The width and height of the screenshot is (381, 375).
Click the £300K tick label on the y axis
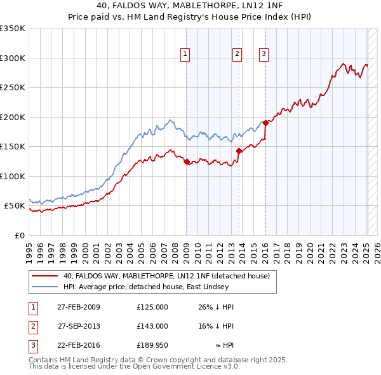[12, 58]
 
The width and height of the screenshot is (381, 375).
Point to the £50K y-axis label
[14, 206]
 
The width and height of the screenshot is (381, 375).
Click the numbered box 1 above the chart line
[185, 55]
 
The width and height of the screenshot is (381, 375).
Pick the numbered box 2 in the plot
[237, 55]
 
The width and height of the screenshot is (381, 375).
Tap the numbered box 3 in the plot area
[264, 55]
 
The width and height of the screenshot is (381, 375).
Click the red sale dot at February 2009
[187, 162]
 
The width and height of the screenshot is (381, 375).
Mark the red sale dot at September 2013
[239, 151]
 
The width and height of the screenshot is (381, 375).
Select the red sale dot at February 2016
[265, 123]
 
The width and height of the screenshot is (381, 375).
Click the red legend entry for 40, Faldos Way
[166, 276]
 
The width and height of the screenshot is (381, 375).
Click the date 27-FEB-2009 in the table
[79, 307]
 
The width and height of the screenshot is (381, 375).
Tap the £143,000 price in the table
[152, 326]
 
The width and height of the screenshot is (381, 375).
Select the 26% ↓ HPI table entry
[216, 307]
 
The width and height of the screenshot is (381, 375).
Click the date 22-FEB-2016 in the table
[79, 345]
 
